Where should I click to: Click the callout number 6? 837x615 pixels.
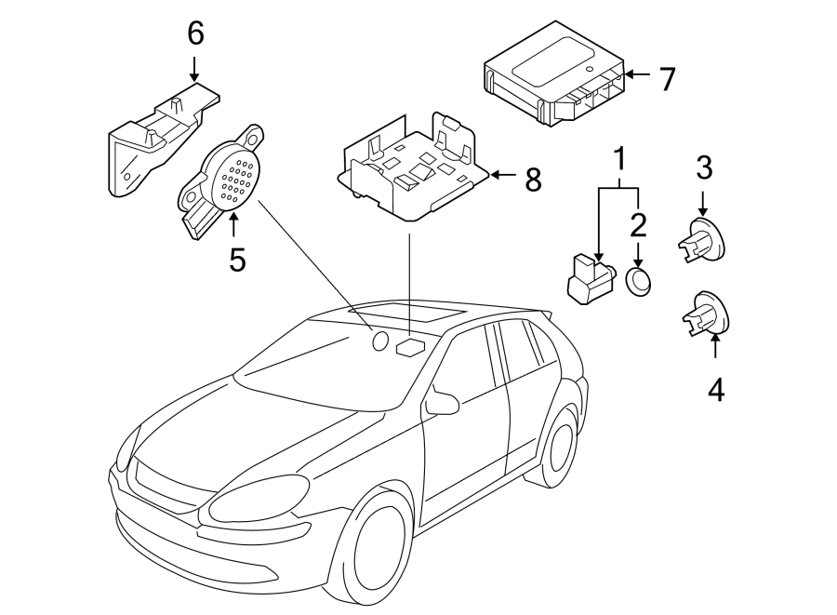coord(194,33)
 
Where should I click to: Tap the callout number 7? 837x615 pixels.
coord(666,79)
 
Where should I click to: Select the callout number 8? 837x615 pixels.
coord(532,179)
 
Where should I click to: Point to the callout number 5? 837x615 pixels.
coord(237,260)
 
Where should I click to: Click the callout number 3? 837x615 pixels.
coord(704,168)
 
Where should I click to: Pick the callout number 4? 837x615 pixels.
coord(714,389)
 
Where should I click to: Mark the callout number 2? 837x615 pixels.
coord(638,224)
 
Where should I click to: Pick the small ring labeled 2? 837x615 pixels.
coord(637,282)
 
